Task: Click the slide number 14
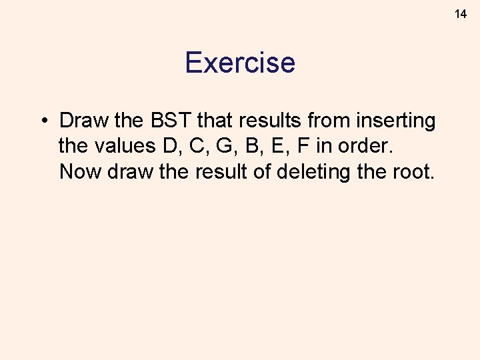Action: click(x=461, y=13)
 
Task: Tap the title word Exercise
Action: click(x=240, y=63)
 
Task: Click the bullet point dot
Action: click(x=42, y=121)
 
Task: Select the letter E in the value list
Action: click(x=271, y=146)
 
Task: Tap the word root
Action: click(x=415, y=171)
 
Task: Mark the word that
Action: click(x=223, y=121)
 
